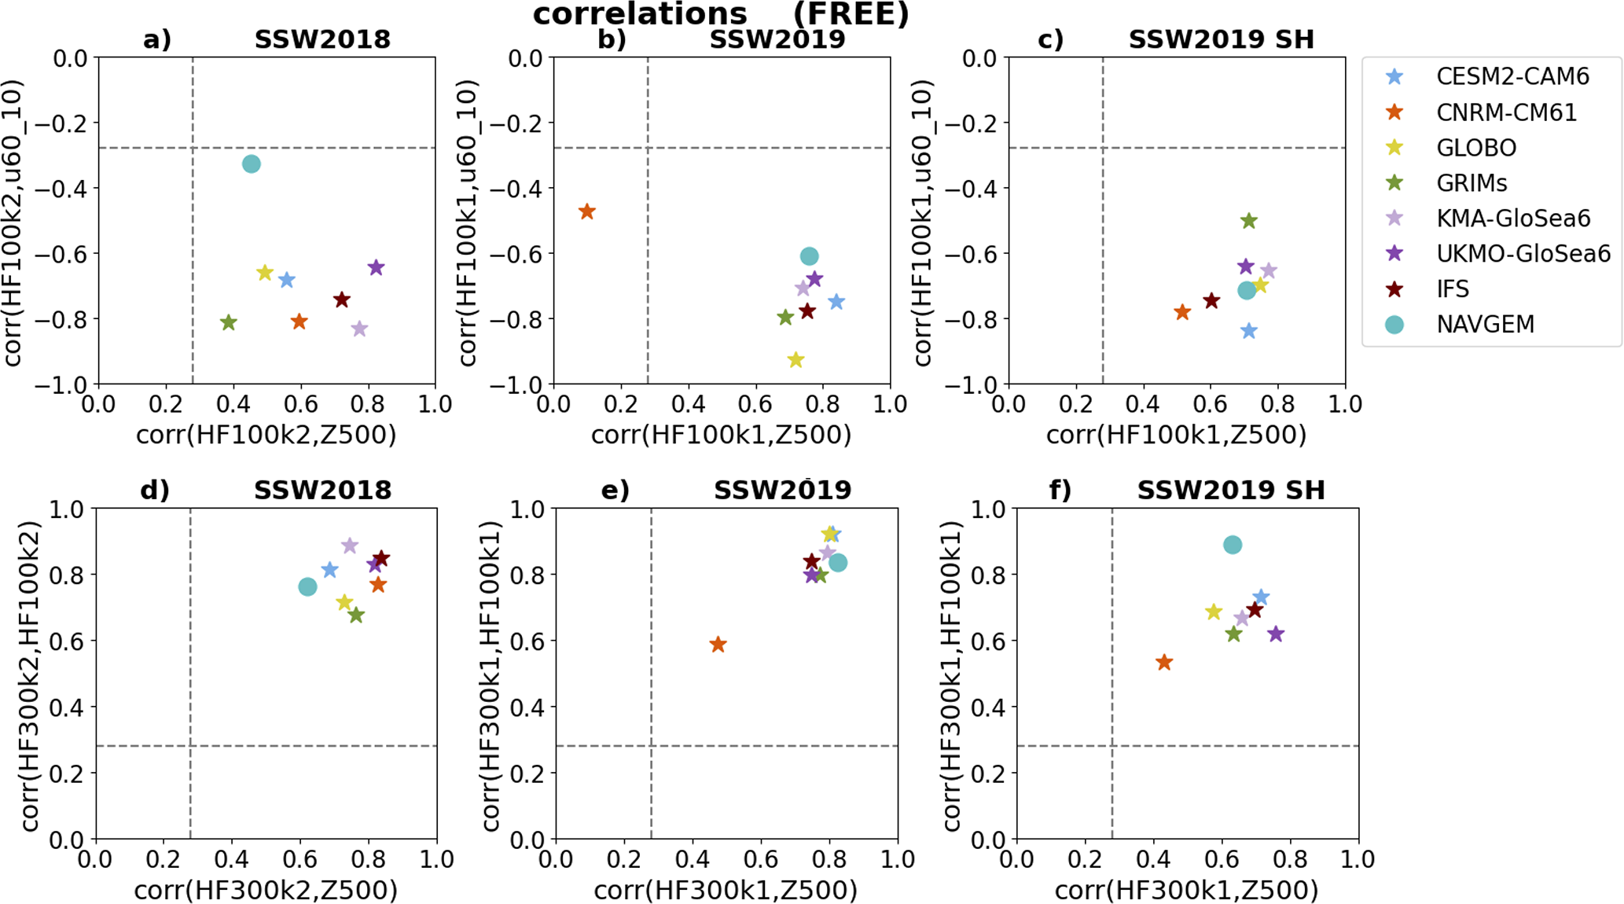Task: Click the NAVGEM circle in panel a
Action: coord(251,164)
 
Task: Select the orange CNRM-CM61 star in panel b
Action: coord(586,211)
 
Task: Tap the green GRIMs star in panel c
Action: coord(1248,221)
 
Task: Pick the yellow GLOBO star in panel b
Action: coord(795,360)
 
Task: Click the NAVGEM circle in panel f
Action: coord(1233,545)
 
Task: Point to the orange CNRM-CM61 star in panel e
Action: coord(718,645)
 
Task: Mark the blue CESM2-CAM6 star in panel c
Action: coord(1248,331)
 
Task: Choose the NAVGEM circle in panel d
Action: coord(307,586)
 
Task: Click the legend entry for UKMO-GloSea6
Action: coord(1523,253)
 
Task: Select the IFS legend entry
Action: coord(1452,288)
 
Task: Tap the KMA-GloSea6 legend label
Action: coord(1512,218)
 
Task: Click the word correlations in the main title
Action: coord(640,14)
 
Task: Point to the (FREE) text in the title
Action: coord(851,14)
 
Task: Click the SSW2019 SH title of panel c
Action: coord(1221,39)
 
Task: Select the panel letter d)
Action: coord(155,490)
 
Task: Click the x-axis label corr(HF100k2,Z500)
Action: coord(266,435)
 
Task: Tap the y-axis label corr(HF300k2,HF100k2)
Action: coord(30,674)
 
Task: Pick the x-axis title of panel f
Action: coord(1186,890)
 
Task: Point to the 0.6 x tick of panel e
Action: coord(760,859)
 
